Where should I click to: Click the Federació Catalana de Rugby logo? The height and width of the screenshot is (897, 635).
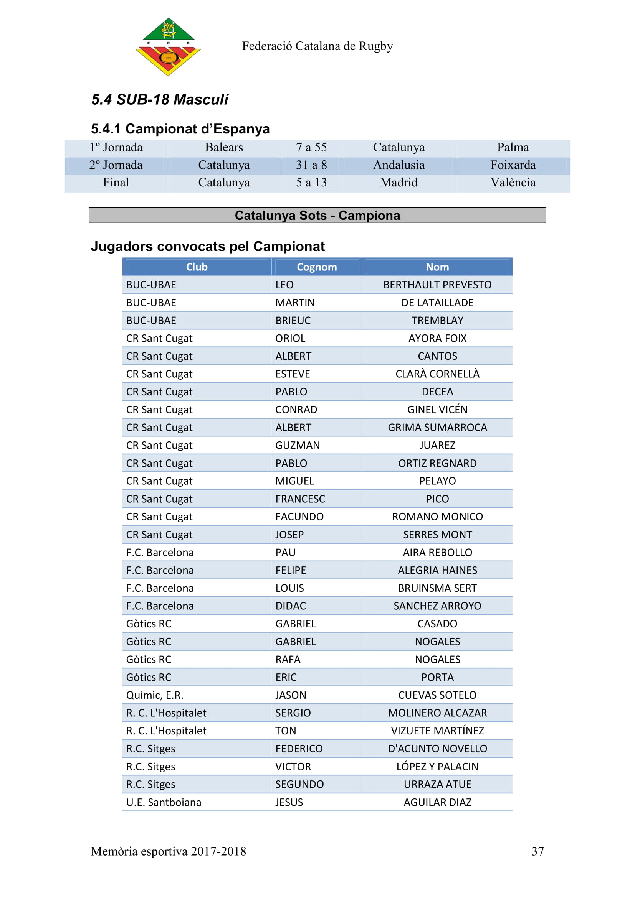point(168,47)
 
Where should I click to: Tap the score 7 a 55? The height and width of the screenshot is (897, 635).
point(311,147)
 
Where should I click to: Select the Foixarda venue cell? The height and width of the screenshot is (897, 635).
point(513,165)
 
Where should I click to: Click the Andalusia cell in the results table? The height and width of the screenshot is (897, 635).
point(399,165)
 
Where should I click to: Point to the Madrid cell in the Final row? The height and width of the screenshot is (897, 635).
point(399,183)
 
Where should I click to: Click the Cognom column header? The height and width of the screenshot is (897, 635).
point(317,267)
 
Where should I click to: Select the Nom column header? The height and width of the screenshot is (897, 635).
point(437,267)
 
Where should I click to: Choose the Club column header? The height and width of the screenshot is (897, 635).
point(197,267)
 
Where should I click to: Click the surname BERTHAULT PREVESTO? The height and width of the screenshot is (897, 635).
point(437,285)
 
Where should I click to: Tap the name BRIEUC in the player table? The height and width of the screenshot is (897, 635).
point(293,320)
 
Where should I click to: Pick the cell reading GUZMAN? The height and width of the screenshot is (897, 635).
point(298,445)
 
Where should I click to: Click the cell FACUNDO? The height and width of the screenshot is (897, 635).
point(299,517)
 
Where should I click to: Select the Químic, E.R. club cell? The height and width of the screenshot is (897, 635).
point(155,695)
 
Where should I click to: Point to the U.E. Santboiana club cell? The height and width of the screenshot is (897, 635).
point(164,802)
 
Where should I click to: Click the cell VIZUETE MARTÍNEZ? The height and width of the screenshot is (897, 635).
point(437,731)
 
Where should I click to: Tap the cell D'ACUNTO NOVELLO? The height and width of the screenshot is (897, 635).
point(437,749)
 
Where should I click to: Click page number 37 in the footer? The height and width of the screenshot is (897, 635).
point(537,851)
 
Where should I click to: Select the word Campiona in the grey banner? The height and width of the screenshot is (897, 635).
point(369,215)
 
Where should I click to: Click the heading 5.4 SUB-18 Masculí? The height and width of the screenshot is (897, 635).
point(160,100)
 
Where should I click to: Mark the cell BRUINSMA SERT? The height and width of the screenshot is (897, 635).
point(437,588)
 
